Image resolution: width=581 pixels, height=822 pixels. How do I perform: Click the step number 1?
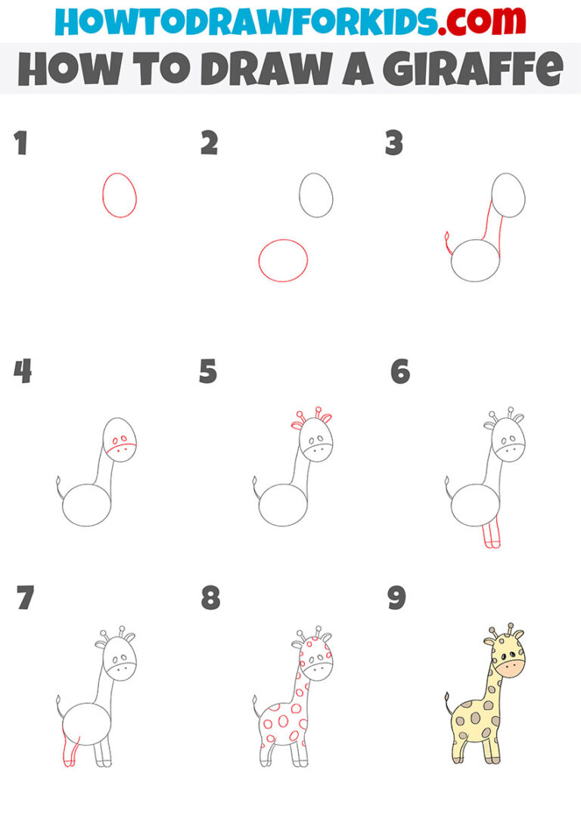20,144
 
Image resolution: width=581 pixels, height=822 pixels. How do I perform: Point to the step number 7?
24,597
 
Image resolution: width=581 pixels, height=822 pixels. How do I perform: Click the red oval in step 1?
120,195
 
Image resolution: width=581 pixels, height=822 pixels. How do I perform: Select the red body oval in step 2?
283,261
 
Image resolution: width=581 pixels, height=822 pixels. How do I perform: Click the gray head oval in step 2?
315,194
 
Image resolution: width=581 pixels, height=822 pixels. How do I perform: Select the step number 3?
393,144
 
